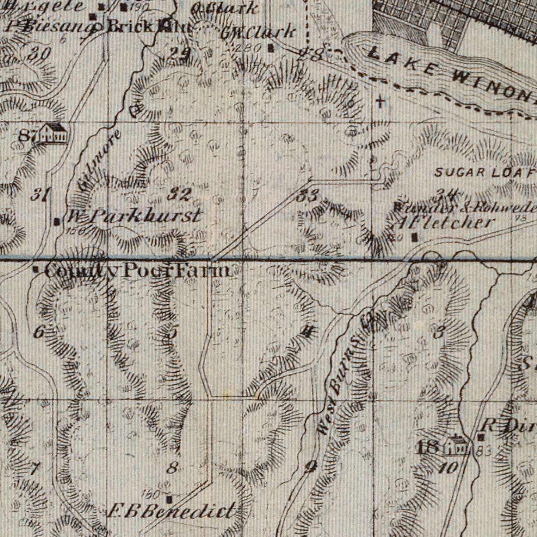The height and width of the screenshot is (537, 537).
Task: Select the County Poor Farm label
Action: tap(138, 271)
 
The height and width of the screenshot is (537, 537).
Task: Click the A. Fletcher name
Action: tap(444, 223)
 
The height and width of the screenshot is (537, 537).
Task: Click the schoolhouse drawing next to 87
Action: tap(54, 133)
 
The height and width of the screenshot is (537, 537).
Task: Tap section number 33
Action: tap(308, 196)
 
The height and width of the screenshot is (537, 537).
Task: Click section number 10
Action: tap(450, 467)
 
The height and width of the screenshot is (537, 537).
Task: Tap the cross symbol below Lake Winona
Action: tap(381, 103)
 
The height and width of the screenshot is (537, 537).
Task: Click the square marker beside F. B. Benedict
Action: tap(169, 498)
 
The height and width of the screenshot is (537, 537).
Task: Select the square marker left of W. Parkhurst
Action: tap(57, 222)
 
